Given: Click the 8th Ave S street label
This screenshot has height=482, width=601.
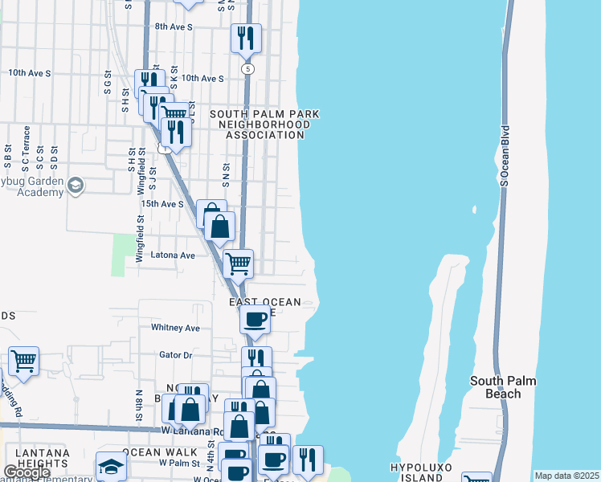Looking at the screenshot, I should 174,27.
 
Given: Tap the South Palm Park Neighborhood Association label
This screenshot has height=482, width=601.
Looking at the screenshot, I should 265,125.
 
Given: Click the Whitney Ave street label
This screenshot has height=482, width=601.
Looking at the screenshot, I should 175,328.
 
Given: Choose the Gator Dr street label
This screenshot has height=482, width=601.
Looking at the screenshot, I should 176,354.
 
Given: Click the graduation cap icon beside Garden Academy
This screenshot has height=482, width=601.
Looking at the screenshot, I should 75,186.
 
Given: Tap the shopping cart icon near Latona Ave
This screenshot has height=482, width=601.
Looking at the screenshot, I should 238,263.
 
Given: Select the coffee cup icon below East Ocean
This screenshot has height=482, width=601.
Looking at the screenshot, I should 256,318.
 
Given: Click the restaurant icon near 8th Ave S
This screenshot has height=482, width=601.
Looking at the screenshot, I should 246,37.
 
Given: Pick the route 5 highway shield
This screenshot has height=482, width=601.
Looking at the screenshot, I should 248,69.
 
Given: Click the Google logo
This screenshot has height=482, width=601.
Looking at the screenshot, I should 27,472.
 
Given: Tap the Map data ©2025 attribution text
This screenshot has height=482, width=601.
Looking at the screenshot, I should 566,476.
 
